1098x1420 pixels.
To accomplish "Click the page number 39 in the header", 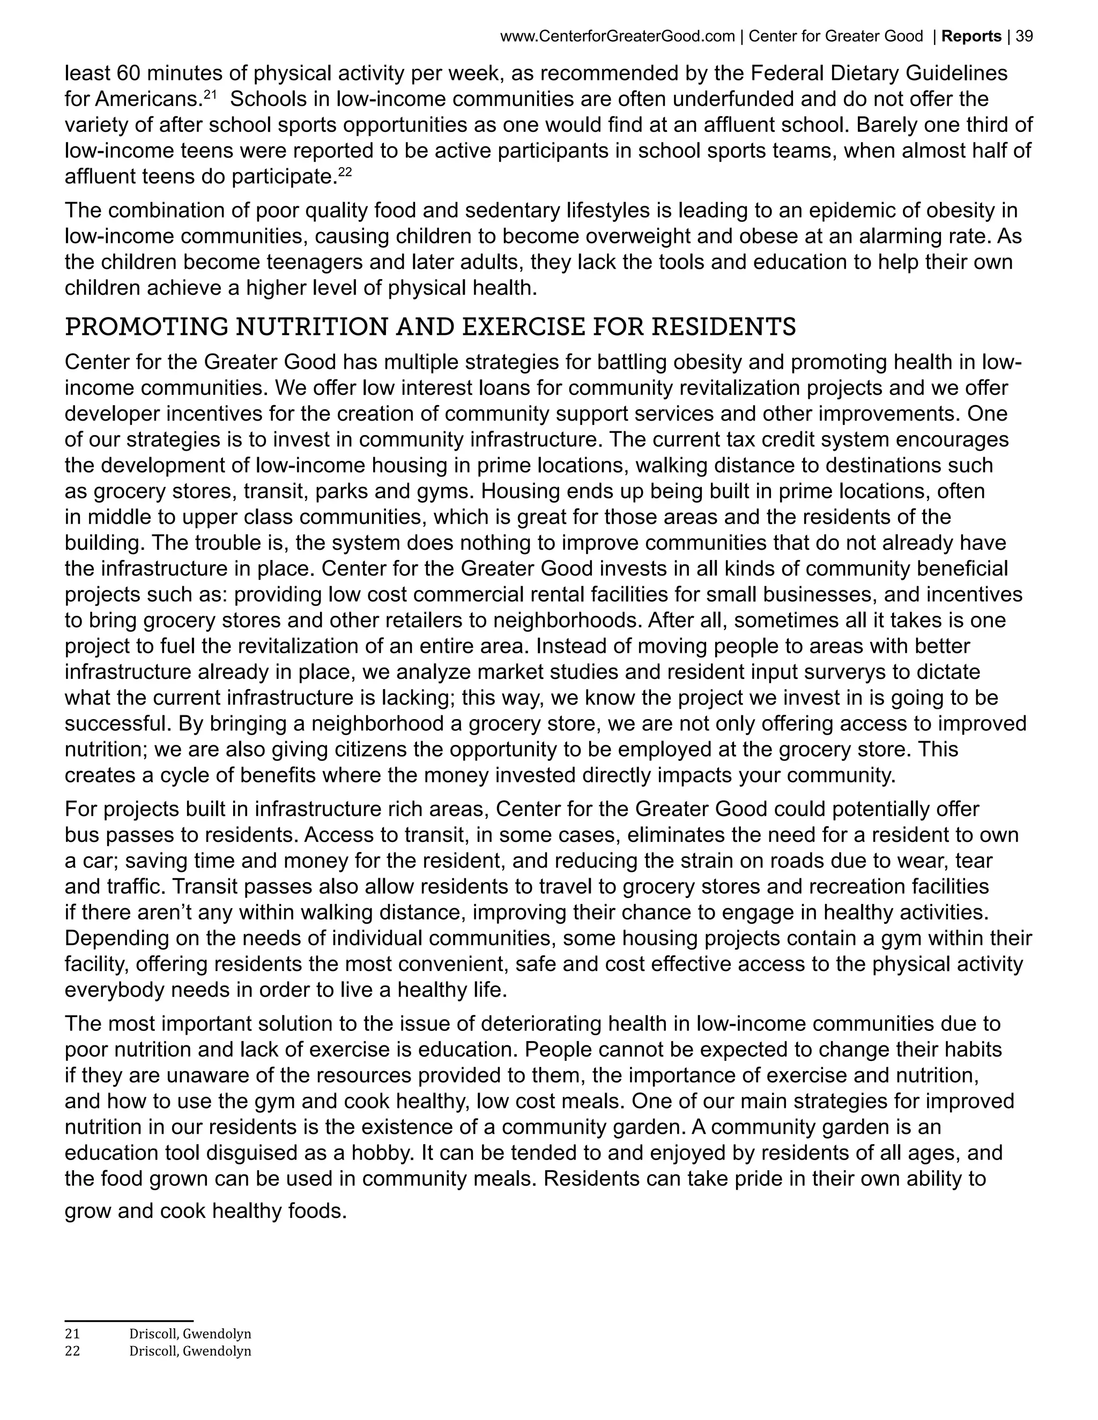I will tap(1024, 36).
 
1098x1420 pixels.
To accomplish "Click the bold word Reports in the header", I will tap(972, 36).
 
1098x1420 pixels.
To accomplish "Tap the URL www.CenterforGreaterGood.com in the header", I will tap(617, 36).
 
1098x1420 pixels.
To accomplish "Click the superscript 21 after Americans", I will tap(210, 94).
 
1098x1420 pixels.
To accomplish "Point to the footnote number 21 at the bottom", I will tap(72, 1334).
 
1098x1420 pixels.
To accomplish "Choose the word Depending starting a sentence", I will tap(115, 938).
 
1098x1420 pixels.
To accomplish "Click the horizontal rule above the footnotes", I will tap(129, 1321).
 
